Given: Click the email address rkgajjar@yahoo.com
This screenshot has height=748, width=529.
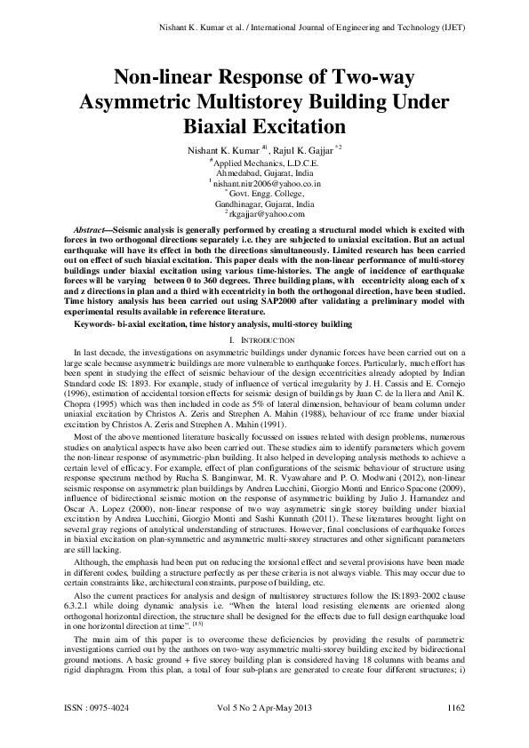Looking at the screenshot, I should coord(267,213).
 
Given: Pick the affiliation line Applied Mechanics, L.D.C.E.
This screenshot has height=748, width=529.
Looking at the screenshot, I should coord(265,162).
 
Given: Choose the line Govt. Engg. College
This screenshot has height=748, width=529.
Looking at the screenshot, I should coord(265,193).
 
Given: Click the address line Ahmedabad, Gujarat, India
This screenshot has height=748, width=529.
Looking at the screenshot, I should coord(264,172).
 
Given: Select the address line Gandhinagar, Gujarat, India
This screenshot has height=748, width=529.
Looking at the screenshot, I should coord(264,203).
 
